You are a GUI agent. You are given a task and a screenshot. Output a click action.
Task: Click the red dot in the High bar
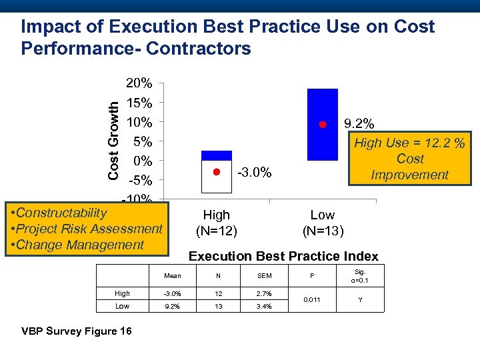coord(216,172)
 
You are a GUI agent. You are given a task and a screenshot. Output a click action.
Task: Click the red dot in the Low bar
coord(321,125)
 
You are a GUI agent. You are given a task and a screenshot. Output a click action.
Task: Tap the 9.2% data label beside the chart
coord(359,124)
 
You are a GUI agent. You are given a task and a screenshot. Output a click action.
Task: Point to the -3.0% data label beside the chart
coord(255,173)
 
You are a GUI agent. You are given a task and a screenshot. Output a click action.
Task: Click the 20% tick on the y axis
coord(139,84)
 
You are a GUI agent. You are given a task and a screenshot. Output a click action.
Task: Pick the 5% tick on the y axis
coord(143,141)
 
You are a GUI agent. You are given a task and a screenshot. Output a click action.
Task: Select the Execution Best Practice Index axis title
coord(283,256)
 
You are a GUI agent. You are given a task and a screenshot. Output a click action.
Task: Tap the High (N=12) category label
coord(216,223)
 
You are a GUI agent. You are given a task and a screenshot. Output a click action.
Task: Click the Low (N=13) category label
coord(323,223)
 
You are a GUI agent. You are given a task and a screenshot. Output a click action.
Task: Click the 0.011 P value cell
coord(311,300)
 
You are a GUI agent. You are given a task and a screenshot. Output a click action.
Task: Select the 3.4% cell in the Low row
coord(265,306)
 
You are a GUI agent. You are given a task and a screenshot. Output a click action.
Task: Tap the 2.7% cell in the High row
coord(265,293)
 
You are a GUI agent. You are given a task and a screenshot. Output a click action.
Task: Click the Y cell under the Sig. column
coord(360,300)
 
